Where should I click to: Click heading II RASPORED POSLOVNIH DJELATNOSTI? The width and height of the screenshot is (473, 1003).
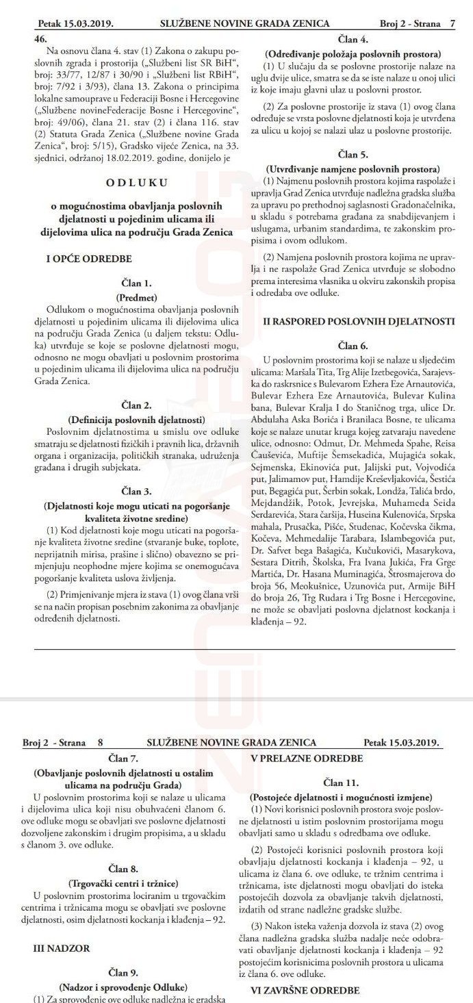point(353,320)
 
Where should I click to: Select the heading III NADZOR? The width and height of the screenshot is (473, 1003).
point(63,949)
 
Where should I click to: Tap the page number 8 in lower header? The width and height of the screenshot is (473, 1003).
point(100,742)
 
